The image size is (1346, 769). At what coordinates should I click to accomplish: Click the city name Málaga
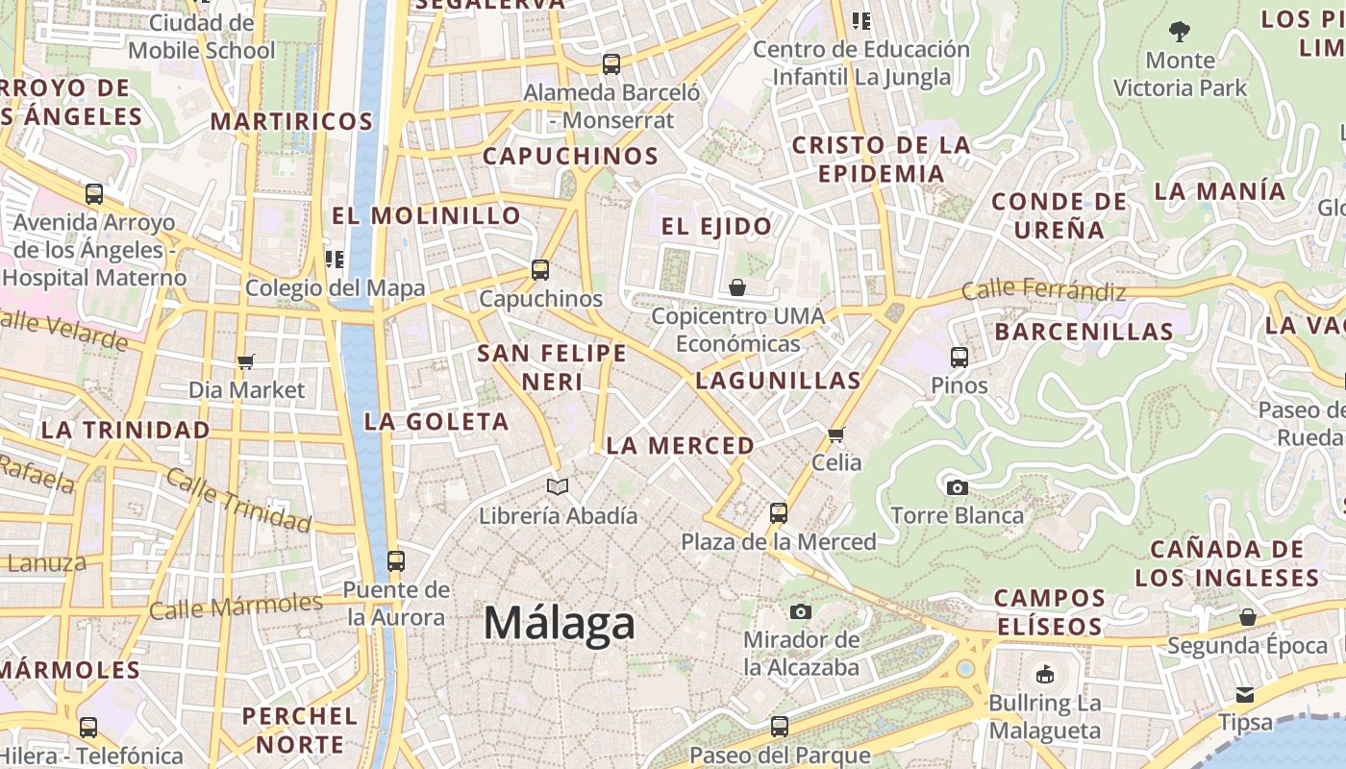[559, 624]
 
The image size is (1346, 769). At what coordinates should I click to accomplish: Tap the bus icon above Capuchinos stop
[540, 270]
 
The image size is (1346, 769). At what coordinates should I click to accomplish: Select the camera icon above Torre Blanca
[957, 487]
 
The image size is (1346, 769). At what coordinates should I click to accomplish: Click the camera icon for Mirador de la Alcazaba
[800, 611]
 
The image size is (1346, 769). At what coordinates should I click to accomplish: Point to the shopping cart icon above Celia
[836, 434]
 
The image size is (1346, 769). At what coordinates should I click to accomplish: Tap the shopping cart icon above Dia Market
[246, 361]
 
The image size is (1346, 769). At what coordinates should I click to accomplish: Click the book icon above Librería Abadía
[558, 487]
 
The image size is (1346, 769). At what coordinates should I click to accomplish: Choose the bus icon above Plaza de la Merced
[779, 513]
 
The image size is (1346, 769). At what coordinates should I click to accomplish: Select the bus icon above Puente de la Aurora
[395, 561]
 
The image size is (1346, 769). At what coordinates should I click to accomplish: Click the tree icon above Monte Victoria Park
[1180, 32]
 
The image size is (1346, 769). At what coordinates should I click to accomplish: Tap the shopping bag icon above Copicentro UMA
[737, 287]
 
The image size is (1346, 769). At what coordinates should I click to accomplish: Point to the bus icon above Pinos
[959, 358]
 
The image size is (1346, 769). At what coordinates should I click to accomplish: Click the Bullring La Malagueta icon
[1045, 674]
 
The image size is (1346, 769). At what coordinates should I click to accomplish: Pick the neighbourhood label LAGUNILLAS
[778, 381]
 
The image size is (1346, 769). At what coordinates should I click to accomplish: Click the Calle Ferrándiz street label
[1043, 288]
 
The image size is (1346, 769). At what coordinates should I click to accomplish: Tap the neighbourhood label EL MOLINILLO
[427, 214]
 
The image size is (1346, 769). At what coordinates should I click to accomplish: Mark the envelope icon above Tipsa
[1245, 694]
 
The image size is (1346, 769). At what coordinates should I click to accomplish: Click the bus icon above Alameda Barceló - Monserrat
[611, 64]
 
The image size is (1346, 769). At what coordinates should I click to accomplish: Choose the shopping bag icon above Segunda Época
[1248, 617]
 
